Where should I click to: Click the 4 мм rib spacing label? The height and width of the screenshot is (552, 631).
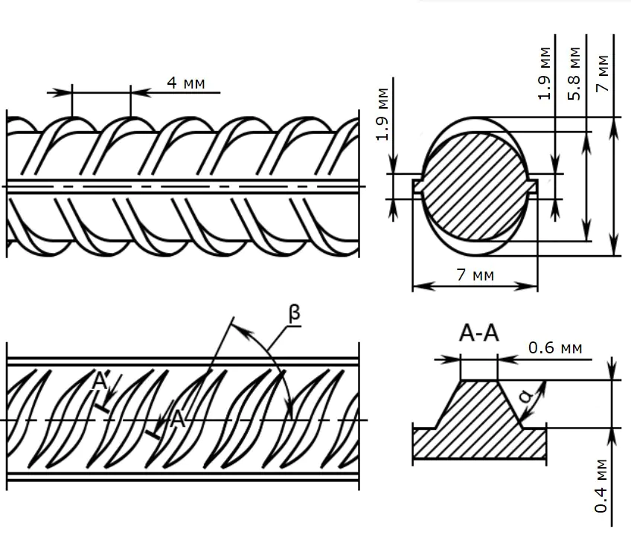(x=185, y=83)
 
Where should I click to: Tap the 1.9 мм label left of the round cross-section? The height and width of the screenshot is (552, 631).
(x=382, y=114)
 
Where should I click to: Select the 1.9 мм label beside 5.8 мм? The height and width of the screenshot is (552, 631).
(x=545, y=73)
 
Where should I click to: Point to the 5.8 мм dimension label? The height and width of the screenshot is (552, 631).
(x=574, y=73)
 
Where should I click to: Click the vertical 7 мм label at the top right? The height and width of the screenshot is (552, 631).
(x=603, y=73)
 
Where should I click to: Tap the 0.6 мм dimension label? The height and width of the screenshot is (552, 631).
(x=555, y=347)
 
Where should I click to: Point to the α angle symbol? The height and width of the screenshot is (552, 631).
(x=527, y=400)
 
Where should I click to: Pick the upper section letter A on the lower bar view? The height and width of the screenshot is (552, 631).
(x=100, y=382)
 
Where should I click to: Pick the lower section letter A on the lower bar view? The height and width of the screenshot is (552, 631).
(x=177, y=419)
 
